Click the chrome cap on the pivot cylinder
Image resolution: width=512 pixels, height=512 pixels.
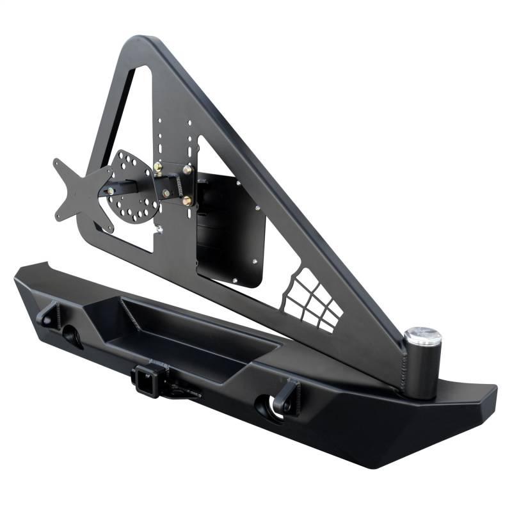click(422, 335)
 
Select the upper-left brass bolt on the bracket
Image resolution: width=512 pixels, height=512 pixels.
click(157, 170)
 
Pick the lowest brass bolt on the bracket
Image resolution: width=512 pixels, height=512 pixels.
click(187, 201)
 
